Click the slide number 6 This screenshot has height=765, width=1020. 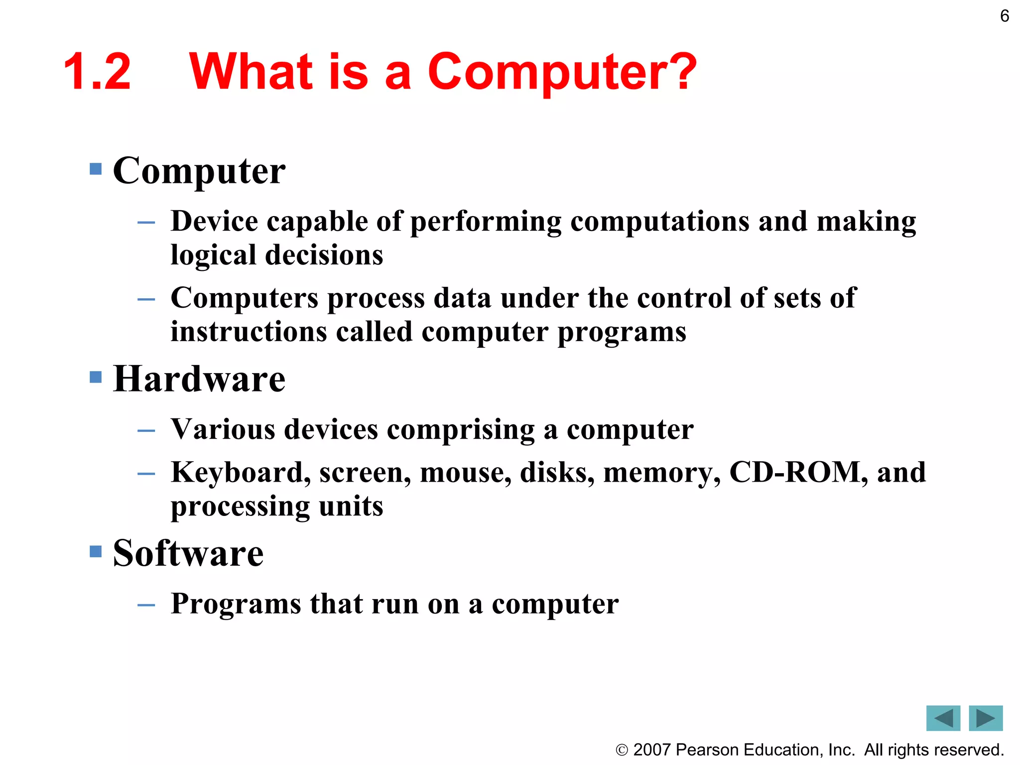1005,16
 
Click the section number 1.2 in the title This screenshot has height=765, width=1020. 98,72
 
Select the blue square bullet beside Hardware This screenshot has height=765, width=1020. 96,377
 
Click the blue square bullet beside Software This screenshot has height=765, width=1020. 96,551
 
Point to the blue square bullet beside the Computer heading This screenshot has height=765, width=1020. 96,169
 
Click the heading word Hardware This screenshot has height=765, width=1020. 199,379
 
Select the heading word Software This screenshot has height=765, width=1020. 188,553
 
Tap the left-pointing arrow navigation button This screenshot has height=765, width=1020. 943,718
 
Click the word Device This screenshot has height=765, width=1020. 214,221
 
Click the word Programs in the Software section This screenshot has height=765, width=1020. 236,604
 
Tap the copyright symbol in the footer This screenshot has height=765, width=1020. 622,750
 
